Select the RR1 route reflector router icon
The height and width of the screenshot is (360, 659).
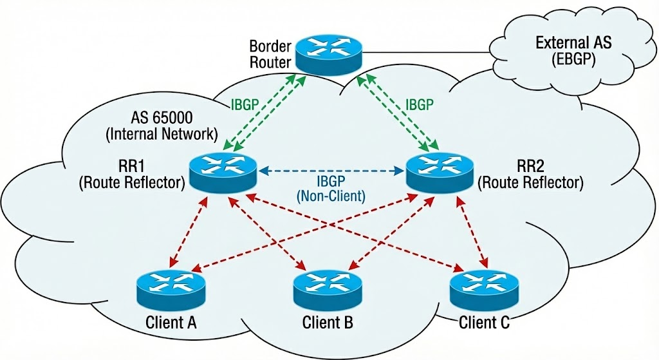223,171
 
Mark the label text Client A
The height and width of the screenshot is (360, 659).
171,321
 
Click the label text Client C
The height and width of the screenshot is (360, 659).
484,321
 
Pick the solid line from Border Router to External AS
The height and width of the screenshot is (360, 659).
431,52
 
